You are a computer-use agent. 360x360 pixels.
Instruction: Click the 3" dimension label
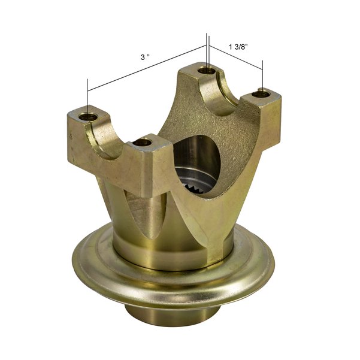(x=144, y=57)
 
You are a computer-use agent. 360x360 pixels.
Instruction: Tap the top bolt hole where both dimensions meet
(x=207, y=71)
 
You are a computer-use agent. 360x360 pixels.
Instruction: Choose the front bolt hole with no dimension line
(x=142, y=143)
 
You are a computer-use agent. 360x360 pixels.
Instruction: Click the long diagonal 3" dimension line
(x=147, y=68)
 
